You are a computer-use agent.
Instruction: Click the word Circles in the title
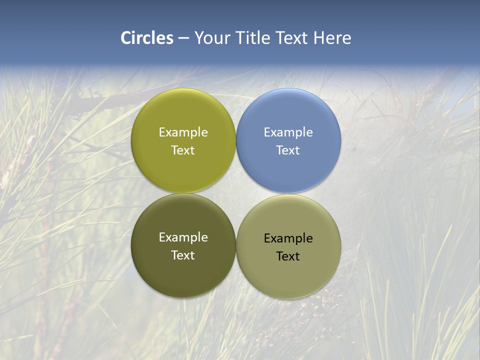click(x=146, y=38)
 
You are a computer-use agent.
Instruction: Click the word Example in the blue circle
click(x=288, y=132)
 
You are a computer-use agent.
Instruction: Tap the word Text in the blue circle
click(x=288, y=150)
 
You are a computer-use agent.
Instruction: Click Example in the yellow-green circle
click(x=183, y=132)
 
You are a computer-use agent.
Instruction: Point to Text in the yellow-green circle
click(x=183, y=150)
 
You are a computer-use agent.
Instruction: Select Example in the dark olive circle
click(x=183, y=237)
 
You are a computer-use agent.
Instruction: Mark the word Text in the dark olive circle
click(x=183, y=255)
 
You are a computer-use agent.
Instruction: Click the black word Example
click(x=288, y=238)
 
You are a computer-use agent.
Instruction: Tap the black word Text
click(x=288, y=256)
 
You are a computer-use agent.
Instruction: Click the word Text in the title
click(x=293, y=38)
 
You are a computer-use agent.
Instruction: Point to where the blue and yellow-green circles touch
click(x=236, y=141)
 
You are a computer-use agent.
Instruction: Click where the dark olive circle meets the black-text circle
click(x=236, y=246)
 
